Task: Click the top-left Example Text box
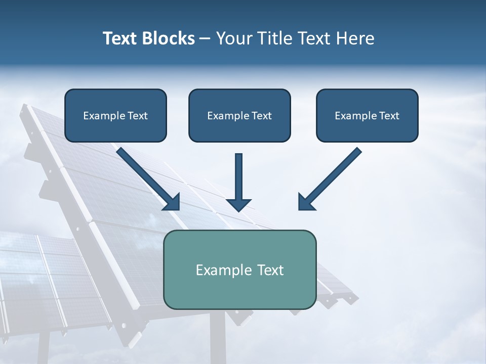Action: (x=115, y=115)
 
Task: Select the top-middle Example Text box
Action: (x=239, y=115)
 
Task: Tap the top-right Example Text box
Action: (x=367, y=115)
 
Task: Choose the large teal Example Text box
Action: (x=240, y=269)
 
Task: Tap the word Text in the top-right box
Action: (x=389, y=116)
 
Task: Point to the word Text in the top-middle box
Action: (x=261, y=116)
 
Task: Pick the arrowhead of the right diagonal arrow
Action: (x=306, y=202)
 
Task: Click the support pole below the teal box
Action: (x=218, y=336)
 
